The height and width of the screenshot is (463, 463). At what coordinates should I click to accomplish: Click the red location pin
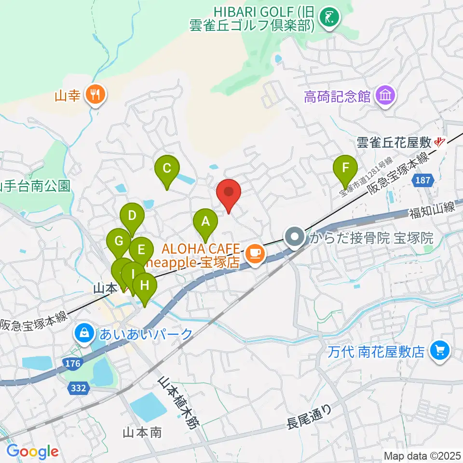[229, 192]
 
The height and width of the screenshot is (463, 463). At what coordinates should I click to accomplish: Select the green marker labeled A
[206, 222]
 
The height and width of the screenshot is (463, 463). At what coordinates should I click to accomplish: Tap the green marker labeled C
[167, 169]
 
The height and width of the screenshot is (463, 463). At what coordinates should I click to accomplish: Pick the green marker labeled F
[345, 168]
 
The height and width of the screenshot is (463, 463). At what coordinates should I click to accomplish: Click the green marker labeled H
[145, 286]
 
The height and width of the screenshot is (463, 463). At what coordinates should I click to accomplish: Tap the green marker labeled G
[118, 240]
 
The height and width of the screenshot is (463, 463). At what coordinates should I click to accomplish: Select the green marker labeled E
[141, 250]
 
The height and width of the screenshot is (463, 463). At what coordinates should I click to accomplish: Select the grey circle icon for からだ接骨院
[294, 237]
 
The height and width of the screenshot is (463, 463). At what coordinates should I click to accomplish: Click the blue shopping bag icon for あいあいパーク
[84, 332]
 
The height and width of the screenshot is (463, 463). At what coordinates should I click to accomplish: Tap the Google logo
[32, 451]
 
